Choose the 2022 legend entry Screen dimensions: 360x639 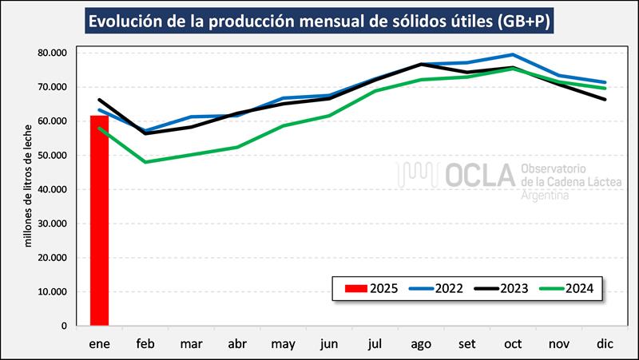point(436,288)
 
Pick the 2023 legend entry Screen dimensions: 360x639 point(498,288)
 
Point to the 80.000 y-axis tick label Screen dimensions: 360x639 point(51,53)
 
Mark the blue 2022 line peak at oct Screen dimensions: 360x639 point(513,55)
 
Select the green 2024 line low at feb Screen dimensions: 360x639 point(145,162)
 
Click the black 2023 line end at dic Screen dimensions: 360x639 point(605,99)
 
